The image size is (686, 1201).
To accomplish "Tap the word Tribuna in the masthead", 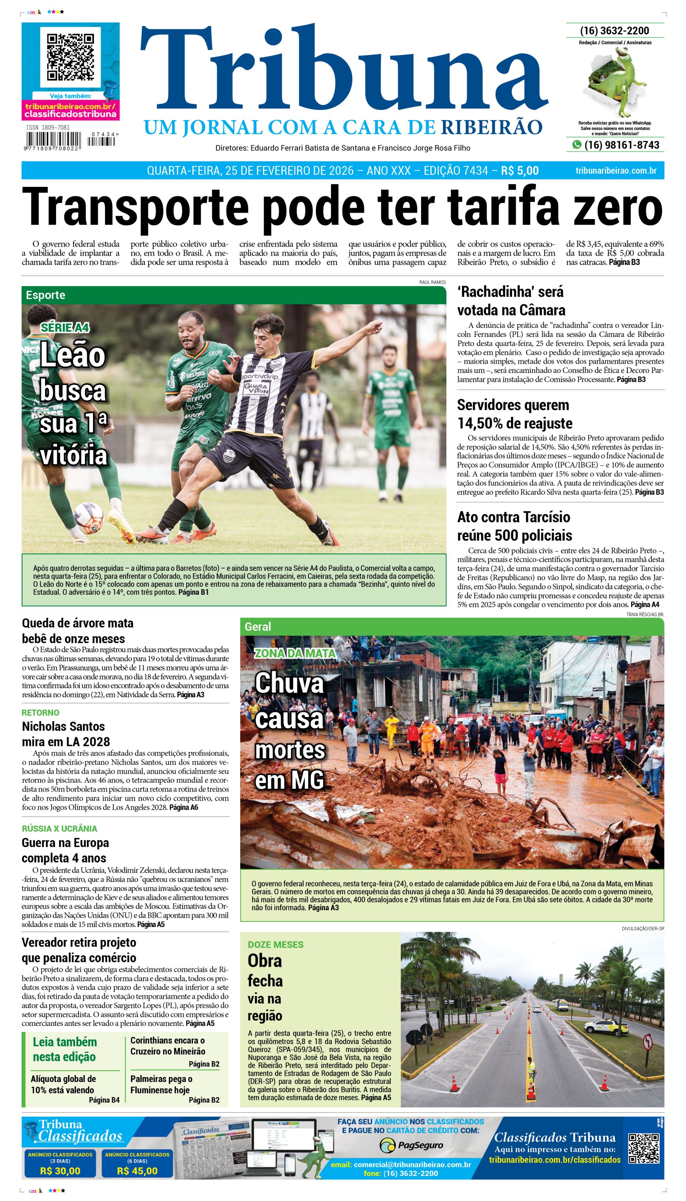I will (x=344, y=71).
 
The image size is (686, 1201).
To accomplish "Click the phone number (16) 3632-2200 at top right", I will (x=615, y=31).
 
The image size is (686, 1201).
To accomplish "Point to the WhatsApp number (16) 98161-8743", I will (x=621, y=145).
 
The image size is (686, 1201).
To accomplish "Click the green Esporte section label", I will (x=45, y=295).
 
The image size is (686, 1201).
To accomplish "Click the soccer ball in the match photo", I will (x=88, y=518).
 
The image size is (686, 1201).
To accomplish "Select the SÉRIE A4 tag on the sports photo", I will (x=65, y=327).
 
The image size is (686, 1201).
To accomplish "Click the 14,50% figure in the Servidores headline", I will (x=479, y=423).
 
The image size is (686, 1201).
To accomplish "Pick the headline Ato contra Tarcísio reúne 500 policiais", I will (x=514, y=526).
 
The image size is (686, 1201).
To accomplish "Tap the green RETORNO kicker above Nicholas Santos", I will (x=40, y=713).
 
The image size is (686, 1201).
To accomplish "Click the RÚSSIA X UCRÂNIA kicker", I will (x=59, y=828).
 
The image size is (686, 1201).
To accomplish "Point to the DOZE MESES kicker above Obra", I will (x=275, y=944).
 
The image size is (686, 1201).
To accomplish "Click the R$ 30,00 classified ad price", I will (x=60, y=1170).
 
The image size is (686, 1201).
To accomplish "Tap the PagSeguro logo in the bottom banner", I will (x=411, y=1145).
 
